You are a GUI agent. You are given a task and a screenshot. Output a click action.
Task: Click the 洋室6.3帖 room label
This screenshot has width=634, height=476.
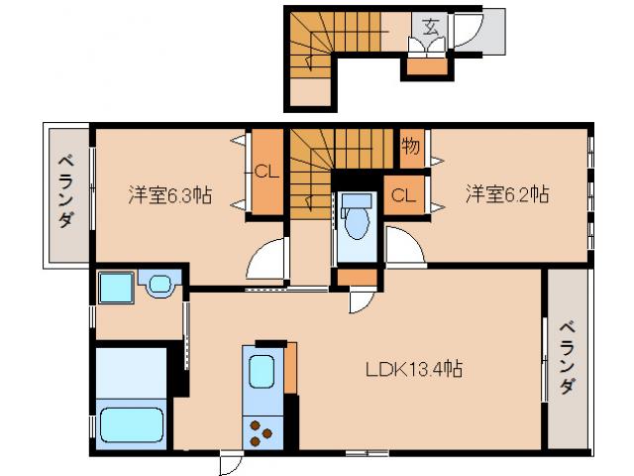pos(169,195)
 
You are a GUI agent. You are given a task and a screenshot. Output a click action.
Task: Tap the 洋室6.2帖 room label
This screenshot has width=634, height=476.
pos(507,194)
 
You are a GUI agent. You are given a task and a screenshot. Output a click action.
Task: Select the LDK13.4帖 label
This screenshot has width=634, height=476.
pos(414,369)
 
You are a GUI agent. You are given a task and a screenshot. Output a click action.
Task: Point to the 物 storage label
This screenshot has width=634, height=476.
pos(410,146)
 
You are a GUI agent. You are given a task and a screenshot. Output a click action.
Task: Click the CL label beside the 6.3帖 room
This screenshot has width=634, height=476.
pos(266,173)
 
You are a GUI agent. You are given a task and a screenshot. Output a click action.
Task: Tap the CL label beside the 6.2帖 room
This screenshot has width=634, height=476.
pos(403,195)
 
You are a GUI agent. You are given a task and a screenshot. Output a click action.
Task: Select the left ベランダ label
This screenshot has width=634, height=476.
pos(66,191)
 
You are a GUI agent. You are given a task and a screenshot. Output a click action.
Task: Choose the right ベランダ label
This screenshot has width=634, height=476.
pos(568,357)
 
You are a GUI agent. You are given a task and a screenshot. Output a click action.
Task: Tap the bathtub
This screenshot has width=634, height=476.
pos(132,425)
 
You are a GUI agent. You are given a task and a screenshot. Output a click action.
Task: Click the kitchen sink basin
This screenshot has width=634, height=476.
pos(262,372)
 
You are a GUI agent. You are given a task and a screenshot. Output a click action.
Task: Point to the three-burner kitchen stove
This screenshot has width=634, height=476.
pos(262,433)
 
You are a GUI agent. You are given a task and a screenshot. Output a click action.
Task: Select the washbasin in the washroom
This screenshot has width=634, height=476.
pos(160,285)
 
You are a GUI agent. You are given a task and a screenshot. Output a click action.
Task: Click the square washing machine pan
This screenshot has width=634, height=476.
pos(116,288)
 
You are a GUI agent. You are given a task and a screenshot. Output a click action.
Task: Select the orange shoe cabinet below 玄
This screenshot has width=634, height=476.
pos(427,67)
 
